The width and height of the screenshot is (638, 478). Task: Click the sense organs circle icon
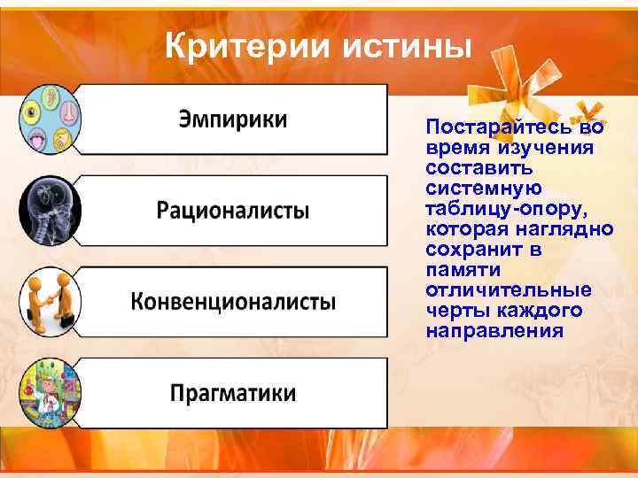pyautogui.click(x=50, y=119)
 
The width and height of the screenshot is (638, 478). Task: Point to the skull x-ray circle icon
pyautogui.click(x=50, y=211)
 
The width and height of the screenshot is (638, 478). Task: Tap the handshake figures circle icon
pyautogui.click(x=50, y=301)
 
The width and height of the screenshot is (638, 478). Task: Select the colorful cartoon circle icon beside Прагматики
pyautogui.click(x=50, y=391)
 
